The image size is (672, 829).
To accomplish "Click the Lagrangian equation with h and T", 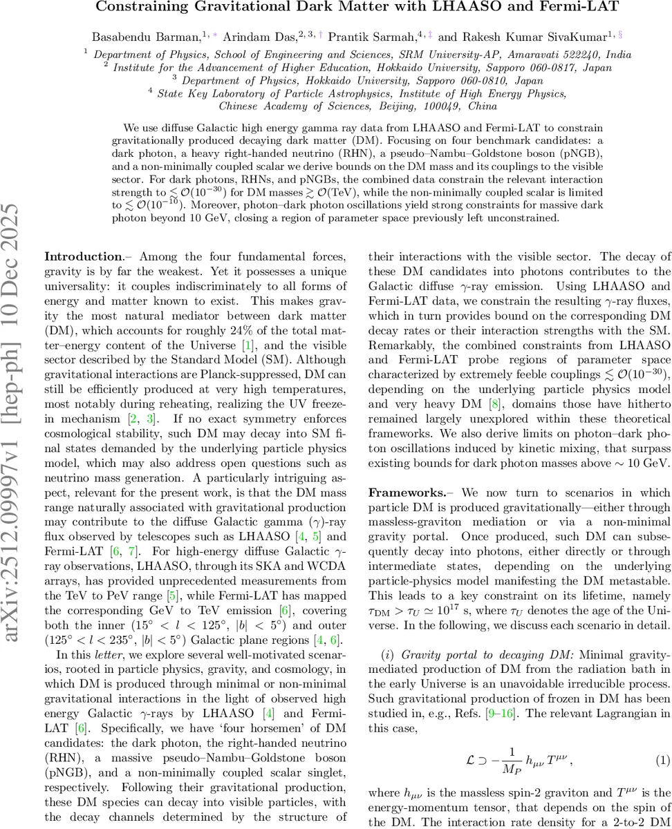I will click(519, 761).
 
